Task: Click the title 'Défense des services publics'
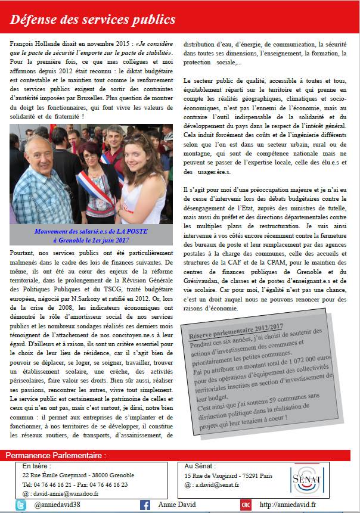coord(93,20)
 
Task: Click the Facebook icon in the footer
coord(145,505)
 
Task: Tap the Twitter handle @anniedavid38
coord(57,505)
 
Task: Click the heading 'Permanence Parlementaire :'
coord(55,456)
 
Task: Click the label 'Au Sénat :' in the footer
coord(200,466)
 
